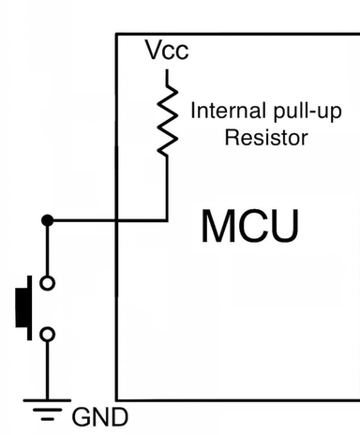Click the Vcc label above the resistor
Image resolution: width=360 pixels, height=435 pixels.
click(167, 51)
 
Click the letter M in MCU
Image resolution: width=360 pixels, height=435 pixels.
click(220, 228)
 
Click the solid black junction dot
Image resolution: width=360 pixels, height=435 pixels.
click(47, 220)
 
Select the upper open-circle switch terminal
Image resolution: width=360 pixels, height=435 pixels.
click(47, 282)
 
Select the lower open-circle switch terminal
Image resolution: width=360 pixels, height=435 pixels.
click(47, 333)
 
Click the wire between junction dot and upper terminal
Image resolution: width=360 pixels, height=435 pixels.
click(47, 249)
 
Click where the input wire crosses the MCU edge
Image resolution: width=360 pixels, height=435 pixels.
click(117, 220)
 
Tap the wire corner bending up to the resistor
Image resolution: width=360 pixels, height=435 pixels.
click(167, 220)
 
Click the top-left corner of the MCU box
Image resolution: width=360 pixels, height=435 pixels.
click(117, 35)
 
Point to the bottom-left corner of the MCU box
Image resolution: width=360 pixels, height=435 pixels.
click(117, 398)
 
